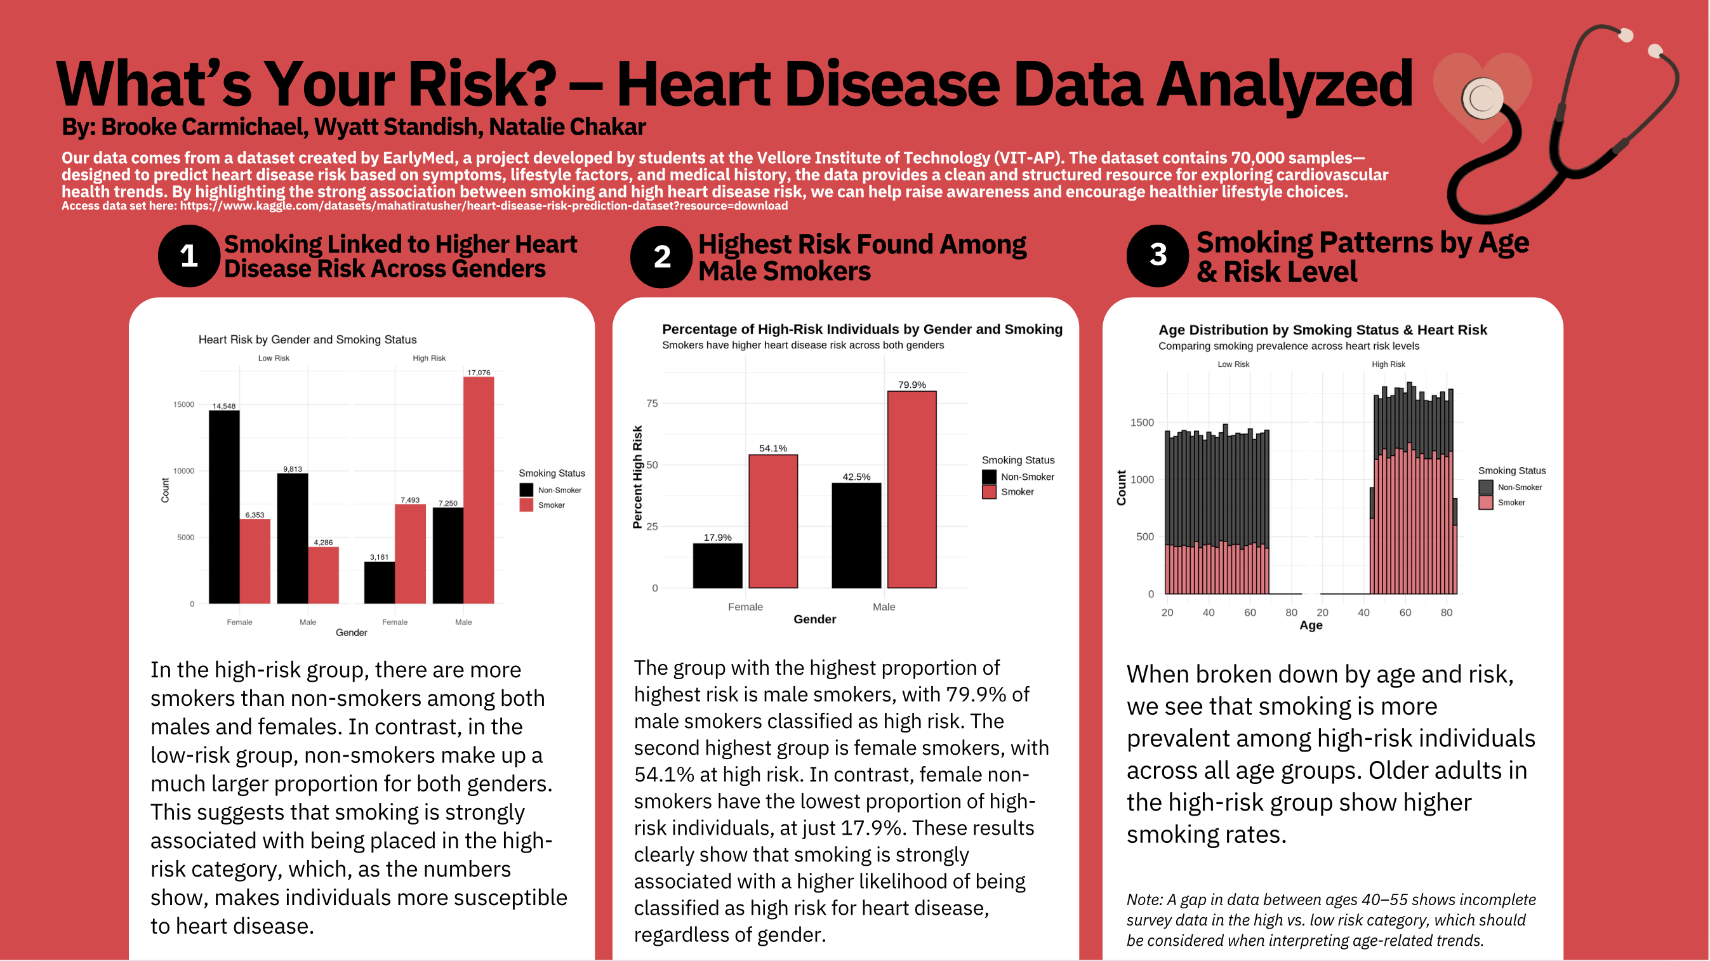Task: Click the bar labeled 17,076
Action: point(479,490)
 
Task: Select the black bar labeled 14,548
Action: point(224,507)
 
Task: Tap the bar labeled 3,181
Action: point(380,583)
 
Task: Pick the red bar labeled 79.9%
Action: point(912,490)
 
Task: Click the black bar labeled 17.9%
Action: point(718,566)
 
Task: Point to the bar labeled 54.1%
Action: point(773,521)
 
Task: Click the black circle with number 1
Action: point(189,256)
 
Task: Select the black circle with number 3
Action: point(1158,256)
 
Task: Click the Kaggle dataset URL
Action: point(484,206)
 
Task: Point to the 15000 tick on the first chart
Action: point(184,404)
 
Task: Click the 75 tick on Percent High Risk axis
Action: point(653,403)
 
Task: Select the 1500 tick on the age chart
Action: point(1143,422)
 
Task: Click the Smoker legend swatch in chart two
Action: point(989,492)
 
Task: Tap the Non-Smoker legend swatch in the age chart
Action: point(1486,487)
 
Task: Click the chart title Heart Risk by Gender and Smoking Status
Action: point(307,339)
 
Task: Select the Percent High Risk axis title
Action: point(637,477)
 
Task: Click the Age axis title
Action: point(1311,625)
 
